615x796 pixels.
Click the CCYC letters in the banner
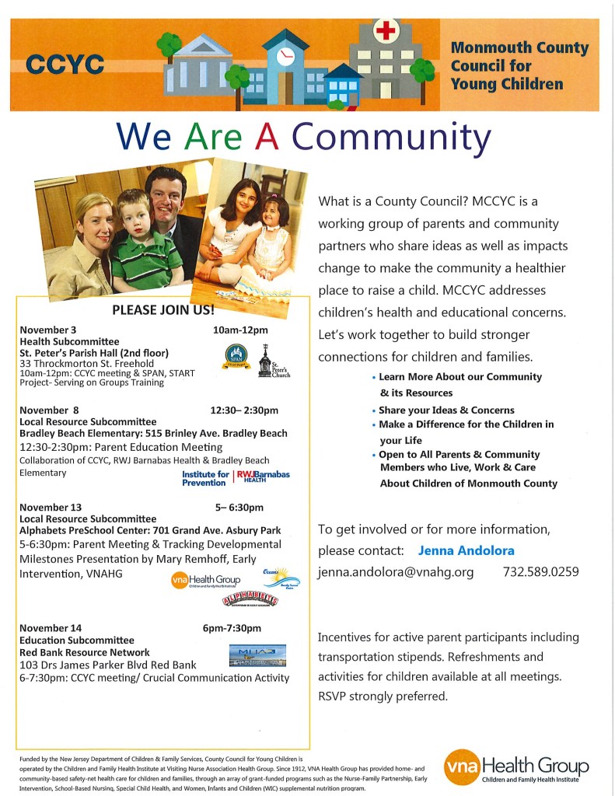65,65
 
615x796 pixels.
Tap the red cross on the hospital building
386,31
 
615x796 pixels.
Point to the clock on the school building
285,55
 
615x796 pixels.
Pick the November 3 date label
48,330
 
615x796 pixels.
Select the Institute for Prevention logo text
205,478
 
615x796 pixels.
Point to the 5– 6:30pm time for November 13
239,508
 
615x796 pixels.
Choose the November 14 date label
51,628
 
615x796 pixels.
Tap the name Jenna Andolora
466,550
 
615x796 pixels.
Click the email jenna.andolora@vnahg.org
396,572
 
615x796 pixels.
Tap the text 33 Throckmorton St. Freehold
87,363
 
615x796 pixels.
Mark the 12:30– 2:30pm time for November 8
244,410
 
